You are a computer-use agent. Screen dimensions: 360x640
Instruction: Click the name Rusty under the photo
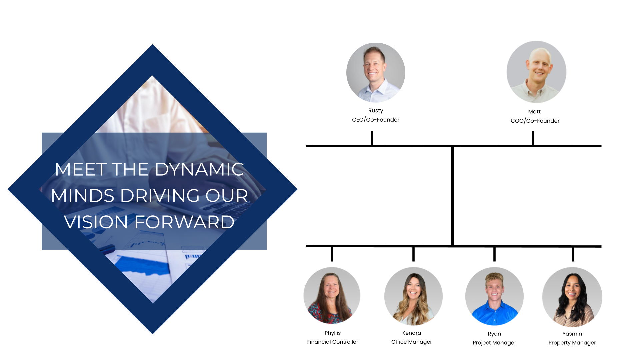click(x=375, y=110)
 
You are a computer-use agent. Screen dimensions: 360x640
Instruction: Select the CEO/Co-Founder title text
click(x=375, y=120)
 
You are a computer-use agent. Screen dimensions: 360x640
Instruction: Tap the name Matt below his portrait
click(x=534, y=111)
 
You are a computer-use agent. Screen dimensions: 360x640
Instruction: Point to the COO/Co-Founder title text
click(x=535, y=121)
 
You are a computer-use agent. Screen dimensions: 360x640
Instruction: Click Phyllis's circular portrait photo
click(x=332, y=295)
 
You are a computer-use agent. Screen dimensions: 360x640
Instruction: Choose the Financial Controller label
click(x=332, y=342)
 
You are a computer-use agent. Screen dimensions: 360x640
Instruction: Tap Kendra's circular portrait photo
click(x=413, y=296)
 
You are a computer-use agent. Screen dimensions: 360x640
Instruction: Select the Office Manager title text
click(x=411, y=342)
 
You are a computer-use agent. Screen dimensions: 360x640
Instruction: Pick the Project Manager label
click(x=494, y=343)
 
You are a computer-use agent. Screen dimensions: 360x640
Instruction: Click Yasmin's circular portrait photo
click(x=572, y=297)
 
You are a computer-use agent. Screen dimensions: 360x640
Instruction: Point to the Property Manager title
click(x=572, y=343)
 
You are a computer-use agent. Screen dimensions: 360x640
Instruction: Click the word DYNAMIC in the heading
click(x=199, y=169)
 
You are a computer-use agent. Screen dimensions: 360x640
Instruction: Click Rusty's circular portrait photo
click(x=376, y=72)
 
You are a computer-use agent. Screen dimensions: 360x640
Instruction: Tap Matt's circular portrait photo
click(x=536, y=72)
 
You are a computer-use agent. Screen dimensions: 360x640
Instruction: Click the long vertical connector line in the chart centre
click(x=452, y=197)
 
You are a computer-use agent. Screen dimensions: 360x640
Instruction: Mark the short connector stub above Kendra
click(x=413, y=254)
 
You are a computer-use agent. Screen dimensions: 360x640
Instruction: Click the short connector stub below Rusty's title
click(x=372, y=138)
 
